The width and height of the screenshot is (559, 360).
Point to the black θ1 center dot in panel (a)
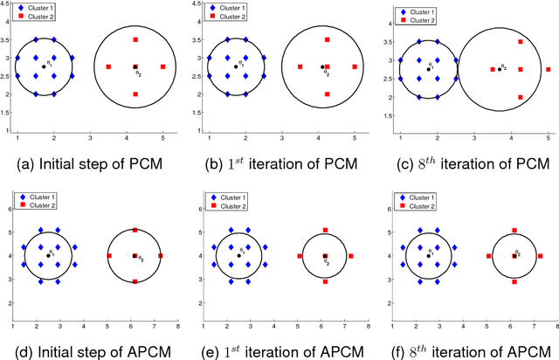(x=44, y=67)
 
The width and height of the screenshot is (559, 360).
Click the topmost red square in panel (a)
(x=135, y=40)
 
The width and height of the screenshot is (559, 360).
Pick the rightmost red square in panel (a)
(x=163, y=67)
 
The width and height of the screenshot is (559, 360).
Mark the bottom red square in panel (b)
(x=327, y=94)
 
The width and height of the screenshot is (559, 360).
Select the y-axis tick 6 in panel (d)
(x=6, y=208)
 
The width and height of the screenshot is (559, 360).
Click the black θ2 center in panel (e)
(x=325, y=256)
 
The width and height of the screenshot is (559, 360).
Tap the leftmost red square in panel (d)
(x=109, y=256)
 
